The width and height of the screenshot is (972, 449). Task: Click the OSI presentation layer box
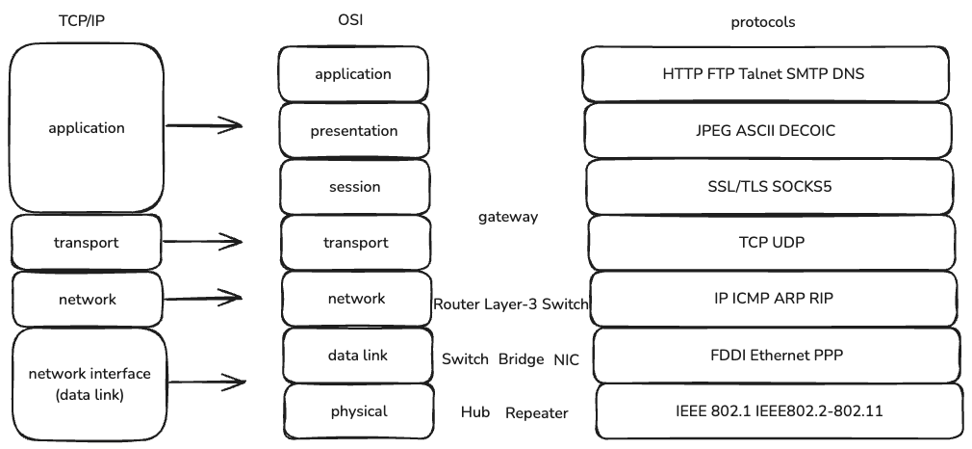click(353, 131)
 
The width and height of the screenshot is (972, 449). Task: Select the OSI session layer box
click(354, 187)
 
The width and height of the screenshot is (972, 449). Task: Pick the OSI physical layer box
click(358, 411)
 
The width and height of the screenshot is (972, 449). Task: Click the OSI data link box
click(357, 356)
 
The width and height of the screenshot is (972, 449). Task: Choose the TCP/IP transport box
click(87, 243)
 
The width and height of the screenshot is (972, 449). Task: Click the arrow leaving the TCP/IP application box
click(203, 125)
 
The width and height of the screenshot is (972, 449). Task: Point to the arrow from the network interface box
click(203, 383)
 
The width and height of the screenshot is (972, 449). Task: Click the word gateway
click(508, 218)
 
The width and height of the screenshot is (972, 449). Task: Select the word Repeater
click(537, 413)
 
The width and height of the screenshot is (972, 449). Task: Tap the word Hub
click(475, 413)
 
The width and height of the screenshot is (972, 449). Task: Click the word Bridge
click(522, 359)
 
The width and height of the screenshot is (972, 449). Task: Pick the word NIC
click(566, 359)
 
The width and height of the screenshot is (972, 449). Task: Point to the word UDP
click(785, 243)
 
